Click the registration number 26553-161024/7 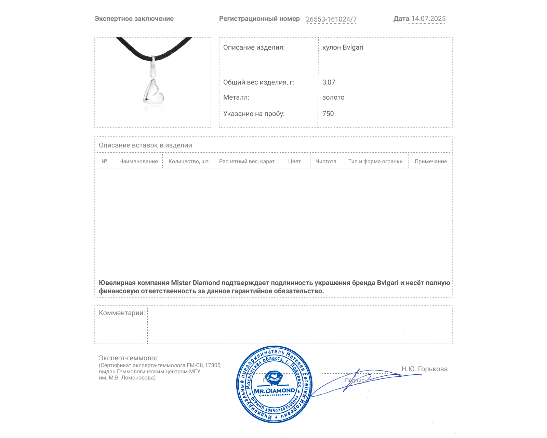[x=331, y=19]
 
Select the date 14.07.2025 [x=428, y=18]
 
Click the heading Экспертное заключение [x=134, y=19]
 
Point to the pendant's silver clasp [x=153, y=67]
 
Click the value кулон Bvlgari [x=343, y=47]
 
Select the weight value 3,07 [x=329, y=82]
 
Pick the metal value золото [x=333, y=97]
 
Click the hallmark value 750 [x=328, y=114]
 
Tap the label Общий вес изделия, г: [x=258, y=82]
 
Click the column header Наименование [x=138, y=161]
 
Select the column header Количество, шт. [x=189, y=161]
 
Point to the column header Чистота [x=326, y=161]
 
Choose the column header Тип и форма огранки [x=375, y=161]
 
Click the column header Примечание [x=430, y=161]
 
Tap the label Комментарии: [x=122, y=313]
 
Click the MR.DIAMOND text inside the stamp [x=274, y=390]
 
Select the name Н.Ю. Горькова [x=424, y=369]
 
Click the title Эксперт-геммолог [x=128, y=358]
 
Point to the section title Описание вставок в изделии [x=145, y=145]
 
